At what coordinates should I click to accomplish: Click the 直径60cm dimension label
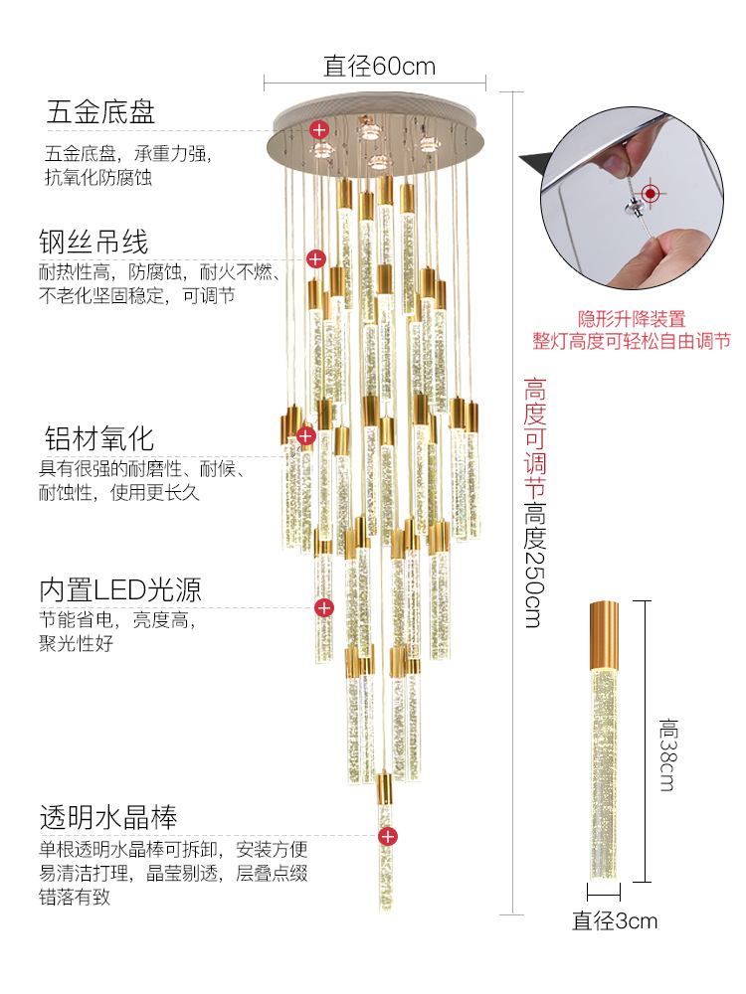pos(379,67)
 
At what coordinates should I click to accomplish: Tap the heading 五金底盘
pos(100,112)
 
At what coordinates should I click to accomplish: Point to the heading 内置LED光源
pos(120,589)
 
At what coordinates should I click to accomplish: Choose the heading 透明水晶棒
pos(108,818)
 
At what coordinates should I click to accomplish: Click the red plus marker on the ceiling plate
pos(319,129)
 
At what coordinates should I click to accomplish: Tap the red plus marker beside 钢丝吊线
pos(315,259)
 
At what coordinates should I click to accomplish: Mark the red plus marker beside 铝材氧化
pos(306,435)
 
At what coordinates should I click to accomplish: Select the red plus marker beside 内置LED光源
pos(323,607)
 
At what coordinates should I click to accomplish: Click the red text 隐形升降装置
pos(632,320)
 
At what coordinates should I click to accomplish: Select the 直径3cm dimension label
pos(615,920)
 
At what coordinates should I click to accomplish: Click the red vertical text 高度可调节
pos(535,436)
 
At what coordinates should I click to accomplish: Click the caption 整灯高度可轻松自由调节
pos(632,341)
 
